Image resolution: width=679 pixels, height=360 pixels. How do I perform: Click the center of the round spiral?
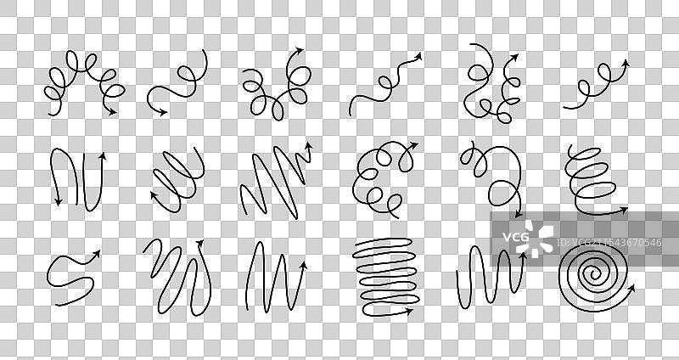click(x=594, y=273)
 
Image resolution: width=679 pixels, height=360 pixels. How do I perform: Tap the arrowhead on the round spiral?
click(x=631, y=288)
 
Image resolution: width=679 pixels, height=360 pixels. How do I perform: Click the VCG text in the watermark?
click(x=515, y=237)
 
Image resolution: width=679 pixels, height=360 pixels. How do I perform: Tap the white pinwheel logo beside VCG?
click(x=540, y=239)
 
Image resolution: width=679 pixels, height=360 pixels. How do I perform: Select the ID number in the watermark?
click(x=609, y=242)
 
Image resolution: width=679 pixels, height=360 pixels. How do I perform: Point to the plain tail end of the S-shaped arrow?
click(x=56, y=305)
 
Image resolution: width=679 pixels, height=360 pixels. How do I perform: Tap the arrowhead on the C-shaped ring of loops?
click(x=413, y=145)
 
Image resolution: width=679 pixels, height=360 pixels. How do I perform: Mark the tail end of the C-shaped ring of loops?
click(x=398, y=217)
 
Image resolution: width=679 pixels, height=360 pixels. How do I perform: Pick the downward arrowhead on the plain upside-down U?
click(x=58, y=201)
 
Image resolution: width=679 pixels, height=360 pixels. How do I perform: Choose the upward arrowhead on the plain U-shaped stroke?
click(x=103, y=156)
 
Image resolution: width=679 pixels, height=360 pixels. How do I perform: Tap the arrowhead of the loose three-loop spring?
click(x=623, y=210)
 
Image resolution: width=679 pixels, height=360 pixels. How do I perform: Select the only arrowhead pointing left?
click(x=154, y=195)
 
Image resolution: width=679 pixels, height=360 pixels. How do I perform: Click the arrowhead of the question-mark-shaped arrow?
click(x=519, y=214)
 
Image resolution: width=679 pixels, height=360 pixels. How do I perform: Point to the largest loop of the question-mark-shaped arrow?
click(x=503, y=194)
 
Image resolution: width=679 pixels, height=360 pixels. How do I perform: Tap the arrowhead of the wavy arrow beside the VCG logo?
click(x=523, y=257)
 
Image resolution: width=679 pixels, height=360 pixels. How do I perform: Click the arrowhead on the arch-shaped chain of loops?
click(x=112, y=112)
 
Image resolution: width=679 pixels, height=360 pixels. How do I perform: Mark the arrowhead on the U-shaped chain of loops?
click(x=299, y=50)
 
